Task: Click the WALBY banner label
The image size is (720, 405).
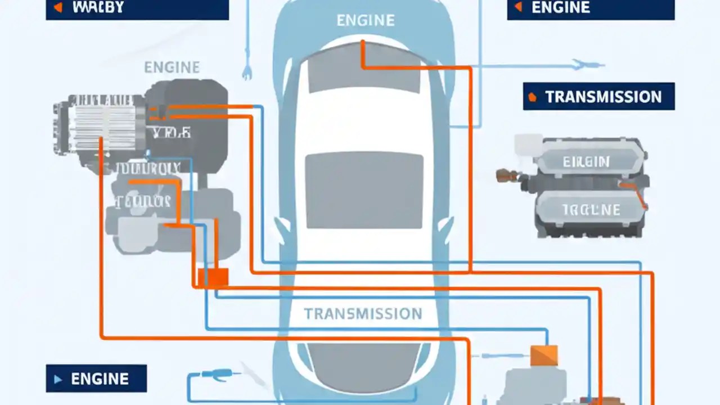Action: tap(137, 9)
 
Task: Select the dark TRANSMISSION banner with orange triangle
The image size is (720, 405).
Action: tap(598, 97)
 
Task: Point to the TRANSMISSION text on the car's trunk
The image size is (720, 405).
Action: tap(363, 313)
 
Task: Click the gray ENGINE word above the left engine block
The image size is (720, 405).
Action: tap(172, 67)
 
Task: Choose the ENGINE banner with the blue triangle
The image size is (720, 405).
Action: tap(96, 379)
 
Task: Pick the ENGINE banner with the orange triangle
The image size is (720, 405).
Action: tap(591, 9)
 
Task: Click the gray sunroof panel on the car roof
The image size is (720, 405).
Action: tap(364, 190)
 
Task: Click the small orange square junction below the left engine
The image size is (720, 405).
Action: tap(213, 277)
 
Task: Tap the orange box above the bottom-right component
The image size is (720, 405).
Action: tap(544, 356)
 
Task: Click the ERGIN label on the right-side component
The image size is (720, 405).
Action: tap(586, 162)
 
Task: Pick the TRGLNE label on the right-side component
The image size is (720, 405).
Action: tap(591, 210)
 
